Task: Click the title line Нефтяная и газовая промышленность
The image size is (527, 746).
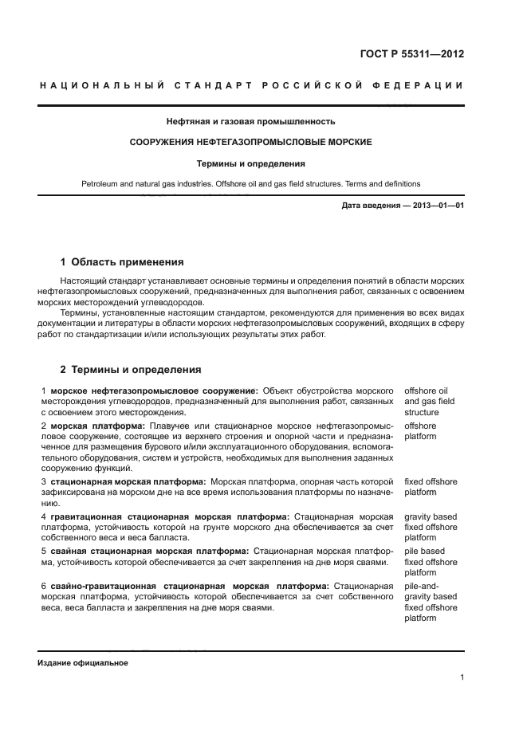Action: coord(250,122)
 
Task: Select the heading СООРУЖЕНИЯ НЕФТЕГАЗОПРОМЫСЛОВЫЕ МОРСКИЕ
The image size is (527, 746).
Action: coord(250,143)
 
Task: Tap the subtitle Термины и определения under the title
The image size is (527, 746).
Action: coord(250,163)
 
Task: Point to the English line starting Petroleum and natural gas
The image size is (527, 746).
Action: coord(250,184)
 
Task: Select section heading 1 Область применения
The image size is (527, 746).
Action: coord(122,261)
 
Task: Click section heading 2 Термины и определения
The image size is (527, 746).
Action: coord(131,370)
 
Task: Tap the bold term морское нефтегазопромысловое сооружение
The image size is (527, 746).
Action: coord(154,391)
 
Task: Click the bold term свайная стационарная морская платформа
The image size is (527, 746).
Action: coord(149,551)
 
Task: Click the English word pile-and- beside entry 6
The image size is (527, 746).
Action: coord(422,586)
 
